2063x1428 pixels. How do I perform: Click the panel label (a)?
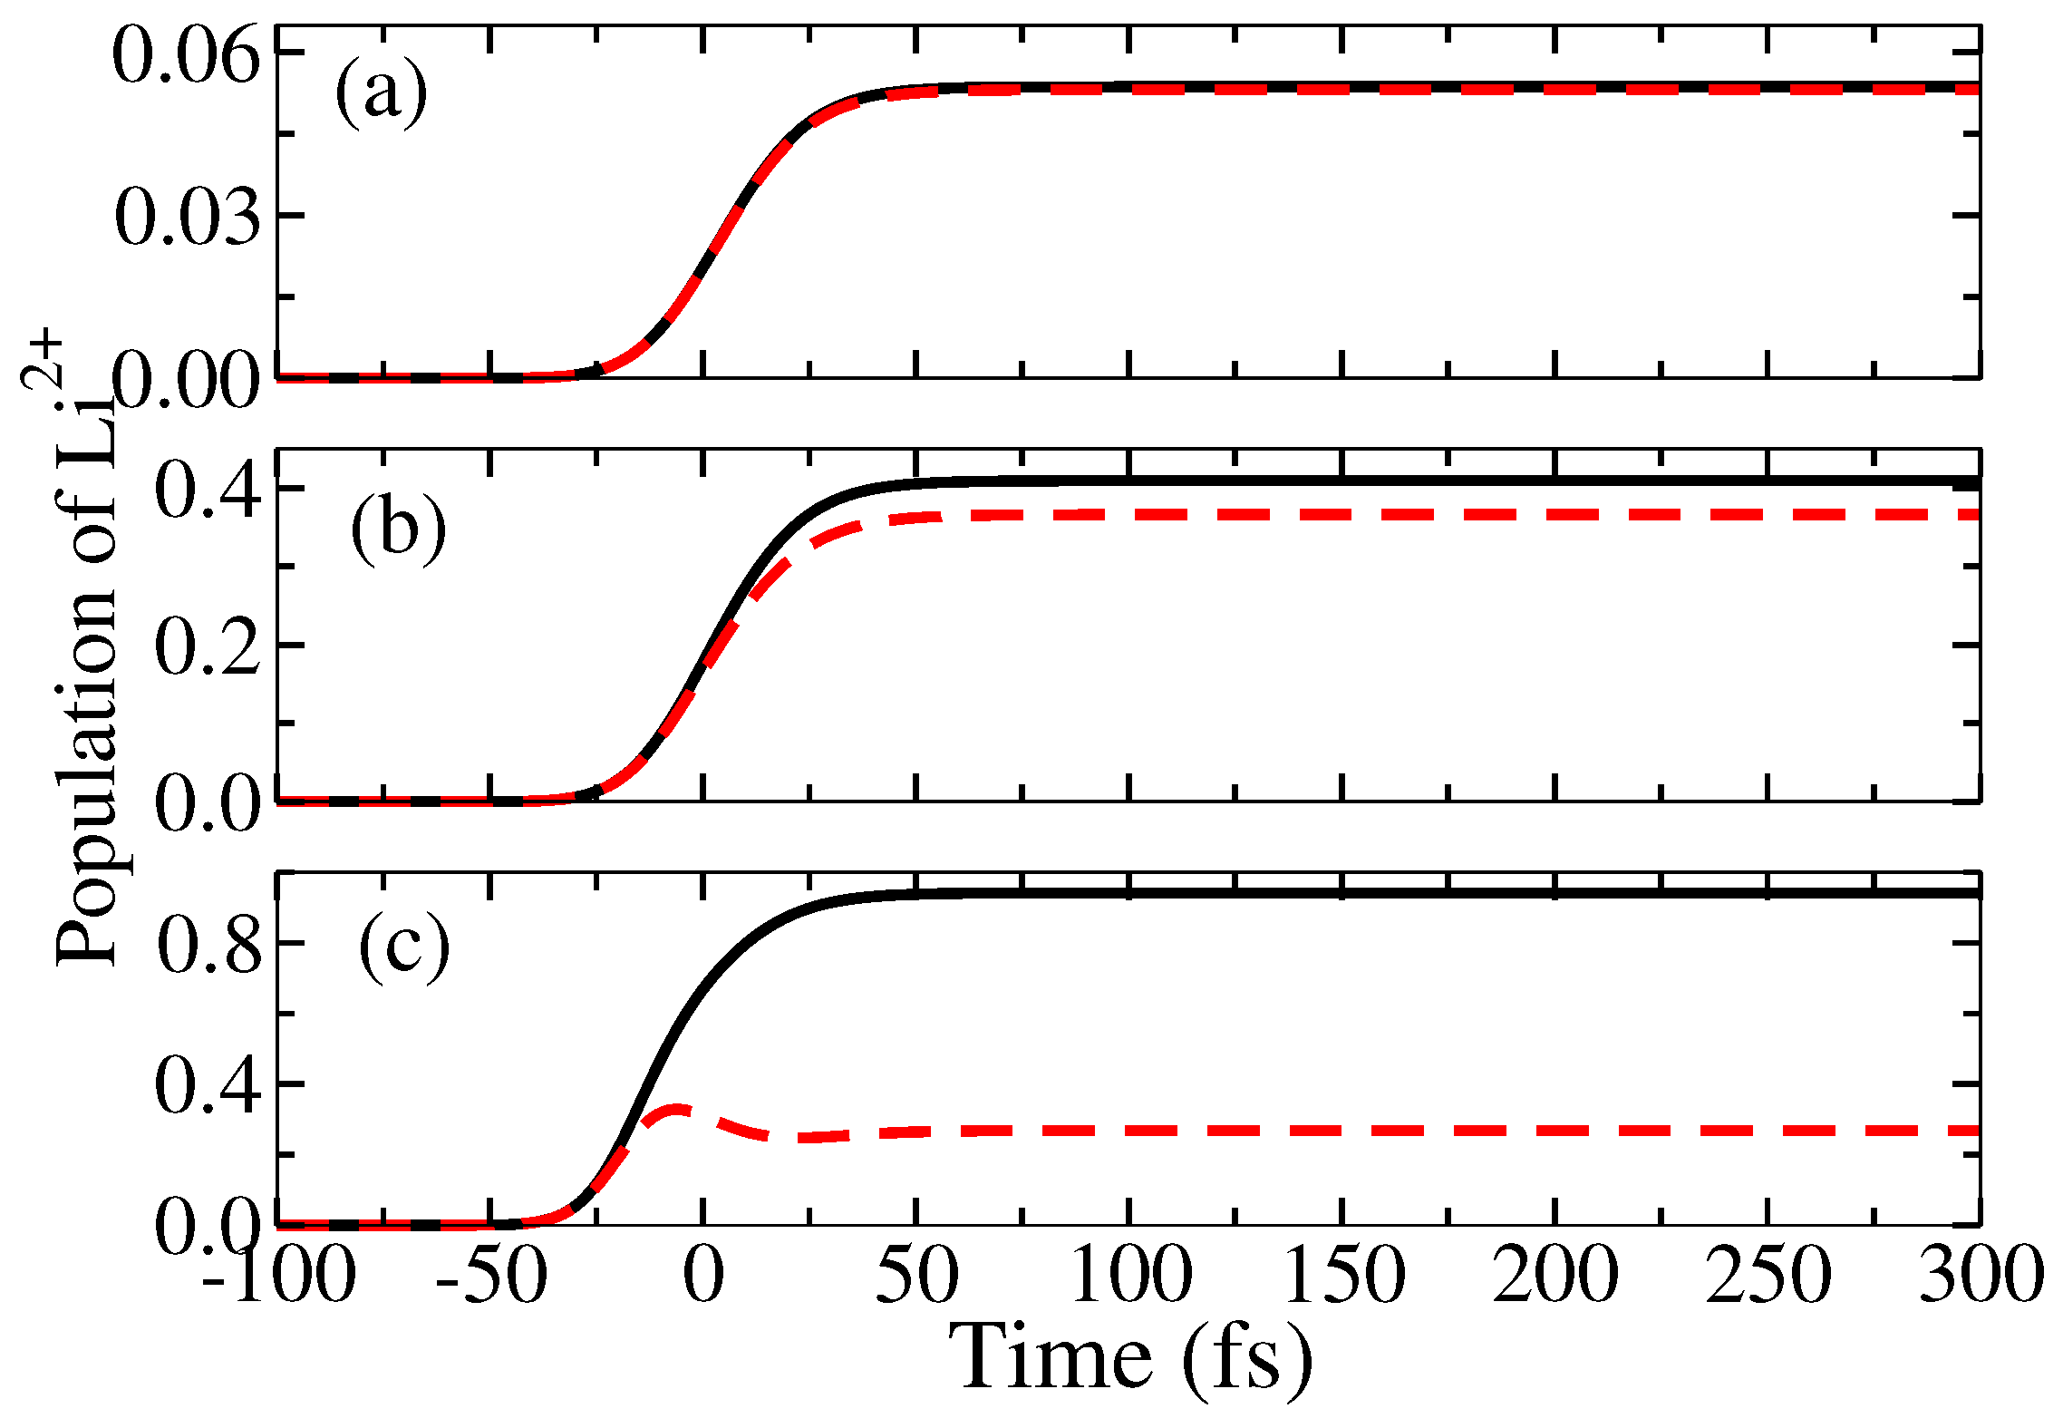381,92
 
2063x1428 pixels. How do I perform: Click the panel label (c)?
404,947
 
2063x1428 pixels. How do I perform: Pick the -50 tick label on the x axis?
490,1275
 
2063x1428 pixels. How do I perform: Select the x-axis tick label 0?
703,1275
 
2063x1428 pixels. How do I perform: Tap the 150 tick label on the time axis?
1344,1275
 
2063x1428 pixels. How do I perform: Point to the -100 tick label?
278,1275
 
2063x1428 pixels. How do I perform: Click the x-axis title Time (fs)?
1129,1358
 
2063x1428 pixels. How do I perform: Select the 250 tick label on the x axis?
1768,1275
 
